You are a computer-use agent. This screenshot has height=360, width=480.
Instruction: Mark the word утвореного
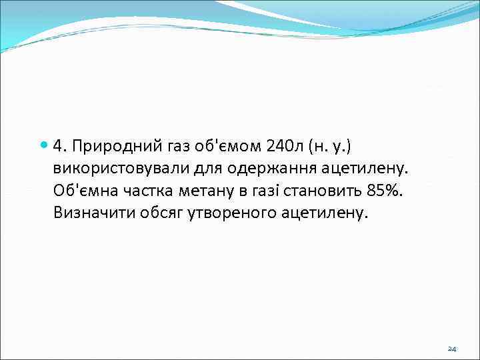pyautogui.click(x=225, y=213)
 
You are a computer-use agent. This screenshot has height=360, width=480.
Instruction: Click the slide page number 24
pyautogui.click(x=452, y=349)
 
